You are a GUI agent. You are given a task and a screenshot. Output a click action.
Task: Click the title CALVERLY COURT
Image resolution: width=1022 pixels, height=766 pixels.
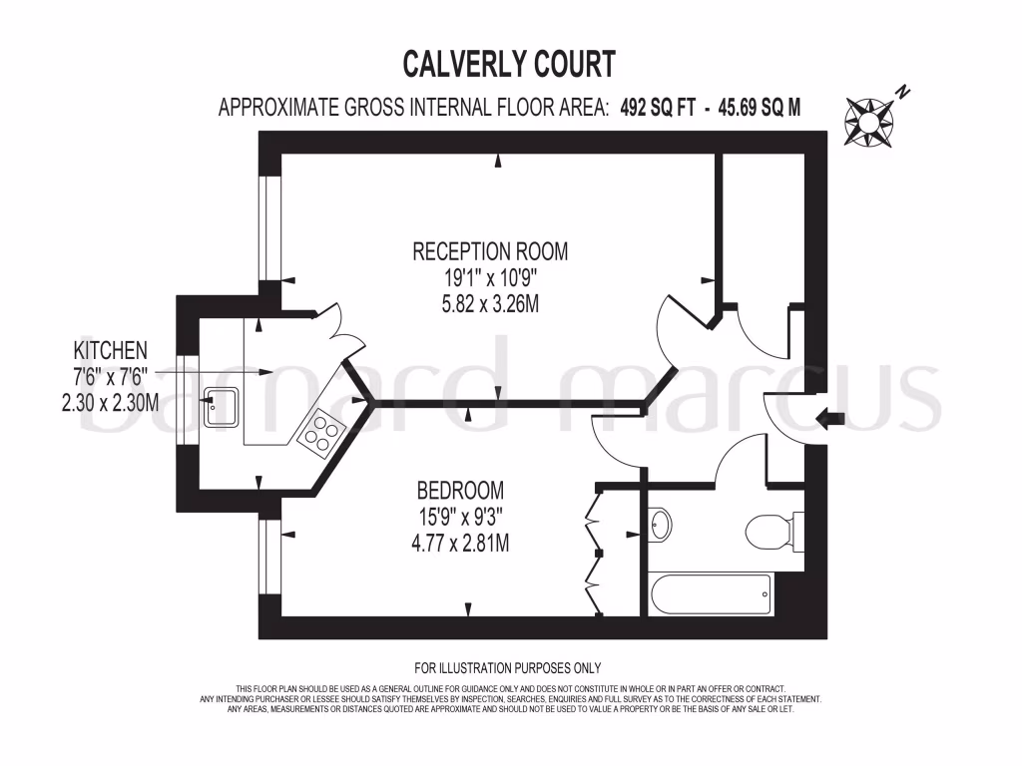coord(509,64)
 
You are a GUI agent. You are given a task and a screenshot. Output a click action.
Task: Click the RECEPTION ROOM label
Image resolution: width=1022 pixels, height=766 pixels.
coord(490,250)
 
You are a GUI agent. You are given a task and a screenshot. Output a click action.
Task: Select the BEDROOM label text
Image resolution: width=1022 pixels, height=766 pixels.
coord(459,491)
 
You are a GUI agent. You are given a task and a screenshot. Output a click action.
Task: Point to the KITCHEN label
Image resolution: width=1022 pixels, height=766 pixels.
coord(111,350)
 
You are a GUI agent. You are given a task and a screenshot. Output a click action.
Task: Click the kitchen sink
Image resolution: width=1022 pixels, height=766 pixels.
coord(222,407)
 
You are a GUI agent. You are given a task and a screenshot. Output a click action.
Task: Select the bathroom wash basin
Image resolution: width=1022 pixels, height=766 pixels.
coord(660,522)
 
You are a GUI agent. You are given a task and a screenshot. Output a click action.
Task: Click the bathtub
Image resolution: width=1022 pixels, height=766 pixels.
coord(711,596)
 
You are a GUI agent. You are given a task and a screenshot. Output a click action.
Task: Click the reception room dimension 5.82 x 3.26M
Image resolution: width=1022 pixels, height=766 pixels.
coord(490,304)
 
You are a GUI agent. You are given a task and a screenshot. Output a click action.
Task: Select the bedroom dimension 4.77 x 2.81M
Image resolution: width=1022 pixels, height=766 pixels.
coord(459,545)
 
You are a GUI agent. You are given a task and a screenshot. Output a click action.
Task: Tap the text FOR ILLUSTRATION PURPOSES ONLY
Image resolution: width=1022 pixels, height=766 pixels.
coord(508,668)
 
